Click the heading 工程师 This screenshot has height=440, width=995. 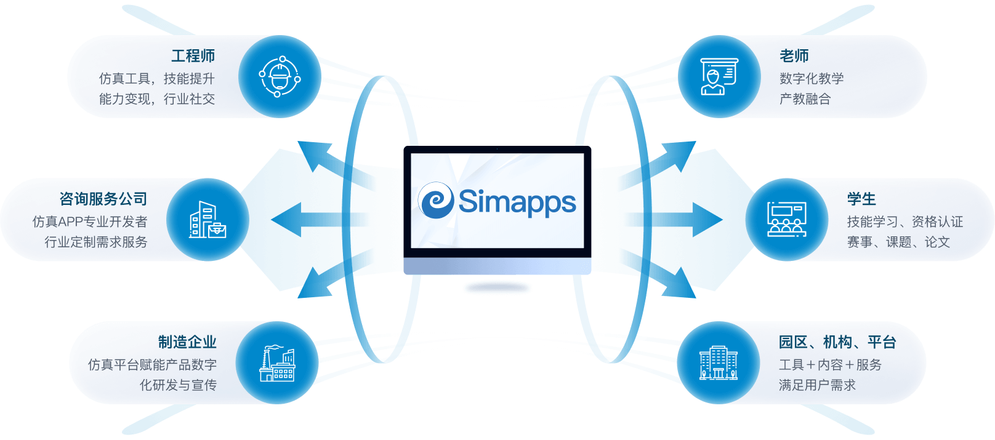tap(193, 56)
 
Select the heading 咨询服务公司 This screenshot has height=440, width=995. tap(103, 199)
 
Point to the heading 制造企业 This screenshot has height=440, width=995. tap(187, 342)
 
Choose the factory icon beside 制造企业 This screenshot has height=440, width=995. tap(277, 363)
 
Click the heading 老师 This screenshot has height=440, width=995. tap(794, 56)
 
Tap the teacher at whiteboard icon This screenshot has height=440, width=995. tap(719, 76)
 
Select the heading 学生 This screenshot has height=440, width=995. tap(861, 199)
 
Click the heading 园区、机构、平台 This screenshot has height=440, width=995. tap(837, 342)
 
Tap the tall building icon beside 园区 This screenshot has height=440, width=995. tap(718, 363)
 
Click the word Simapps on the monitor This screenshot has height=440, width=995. tap(517, 202)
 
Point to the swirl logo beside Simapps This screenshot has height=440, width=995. tap(437, 201)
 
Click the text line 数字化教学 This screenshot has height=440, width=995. tap(811, 79)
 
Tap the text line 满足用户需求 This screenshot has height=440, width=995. tap(817, 385)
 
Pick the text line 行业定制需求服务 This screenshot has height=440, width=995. tap(96, 242)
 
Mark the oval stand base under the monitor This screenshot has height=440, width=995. tap(497, 287)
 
